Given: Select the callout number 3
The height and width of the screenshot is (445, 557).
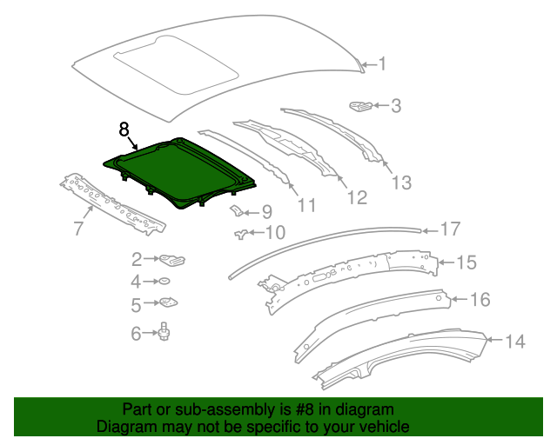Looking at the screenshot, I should (x=396, y=106).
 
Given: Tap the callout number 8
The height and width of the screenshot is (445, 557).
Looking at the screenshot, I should (x=124, y=129).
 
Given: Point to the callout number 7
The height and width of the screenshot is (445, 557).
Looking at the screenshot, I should (x=77, y=229).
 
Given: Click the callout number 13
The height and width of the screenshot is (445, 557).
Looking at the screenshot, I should (x=399, y=183).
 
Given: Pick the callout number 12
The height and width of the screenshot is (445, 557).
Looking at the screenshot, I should (x=357, y=197).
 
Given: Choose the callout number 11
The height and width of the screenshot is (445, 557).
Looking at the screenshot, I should (x=305, y=205).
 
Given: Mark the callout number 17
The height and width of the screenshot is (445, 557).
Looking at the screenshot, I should (x=449, y=229).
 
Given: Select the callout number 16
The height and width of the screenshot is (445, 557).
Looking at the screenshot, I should (x=480, y=300).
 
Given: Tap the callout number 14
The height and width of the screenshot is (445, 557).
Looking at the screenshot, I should (x=515, y=342).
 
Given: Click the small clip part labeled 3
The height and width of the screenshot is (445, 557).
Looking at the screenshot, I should (x=359, y=106).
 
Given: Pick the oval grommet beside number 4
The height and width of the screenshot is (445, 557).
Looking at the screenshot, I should (x=162, y=282).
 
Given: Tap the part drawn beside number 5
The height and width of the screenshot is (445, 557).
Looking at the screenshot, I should (x=166, y=303).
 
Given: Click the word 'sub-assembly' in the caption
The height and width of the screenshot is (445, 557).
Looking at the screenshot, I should (x=196, y=409).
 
